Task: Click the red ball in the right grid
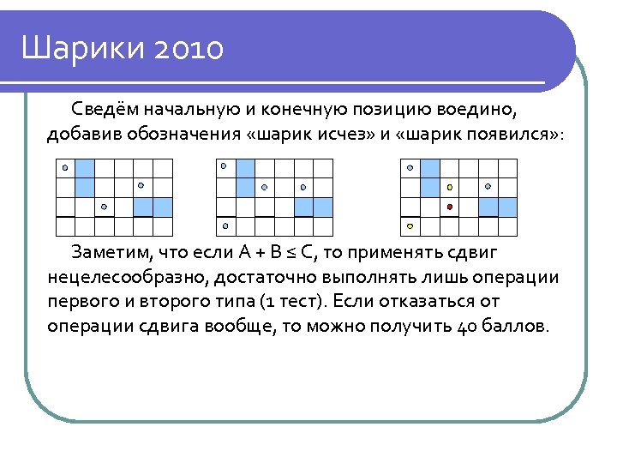(x=449, y=207)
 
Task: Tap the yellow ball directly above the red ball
(x=449, y=187)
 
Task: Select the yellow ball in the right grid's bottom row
(x=410, y=225)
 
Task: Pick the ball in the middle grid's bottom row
(x=225, y=225)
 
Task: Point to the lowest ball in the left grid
(x=104, y=207)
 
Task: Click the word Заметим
(x=108, y=253)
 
